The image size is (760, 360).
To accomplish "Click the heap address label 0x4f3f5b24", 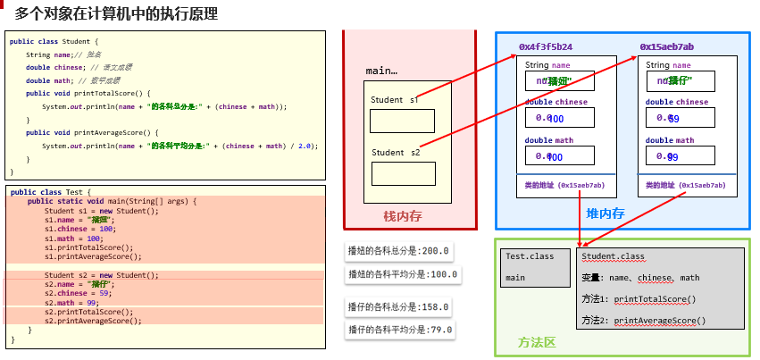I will coord(545,46).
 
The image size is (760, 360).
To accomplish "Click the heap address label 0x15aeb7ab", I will coord(666,46).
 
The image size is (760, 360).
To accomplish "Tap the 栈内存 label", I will coord(402,216).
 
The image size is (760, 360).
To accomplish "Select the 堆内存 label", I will coord(605,213).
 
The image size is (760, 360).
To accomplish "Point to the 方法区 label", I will coord(537,343).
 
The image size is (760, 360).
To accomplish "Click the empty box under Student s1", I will coord(402,121).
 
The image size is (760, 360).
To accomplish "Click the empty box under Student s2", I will coord(403,173).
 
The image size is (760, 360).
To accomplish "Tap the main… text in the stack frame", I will coord(381,71).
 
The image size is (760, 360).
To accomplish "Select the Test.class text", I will coord(530,256).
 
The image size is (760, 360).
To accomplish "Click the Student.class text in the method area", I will coord(613,256).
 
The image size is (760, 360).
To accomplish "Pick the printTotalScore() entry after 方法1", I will coord(654,299).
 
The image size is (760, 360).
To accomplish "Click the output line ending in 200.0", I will coord(399,251).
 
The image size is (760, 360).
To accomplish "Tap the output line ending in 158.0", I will coord(399,307).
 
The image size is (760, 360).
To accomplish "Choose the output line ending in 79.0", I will coord(399,331).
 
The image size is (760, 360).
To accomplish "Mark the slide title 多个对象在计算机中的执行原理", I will coord(115,15).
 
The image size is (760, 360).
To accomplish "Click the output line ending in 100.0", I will coord(402,274).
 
